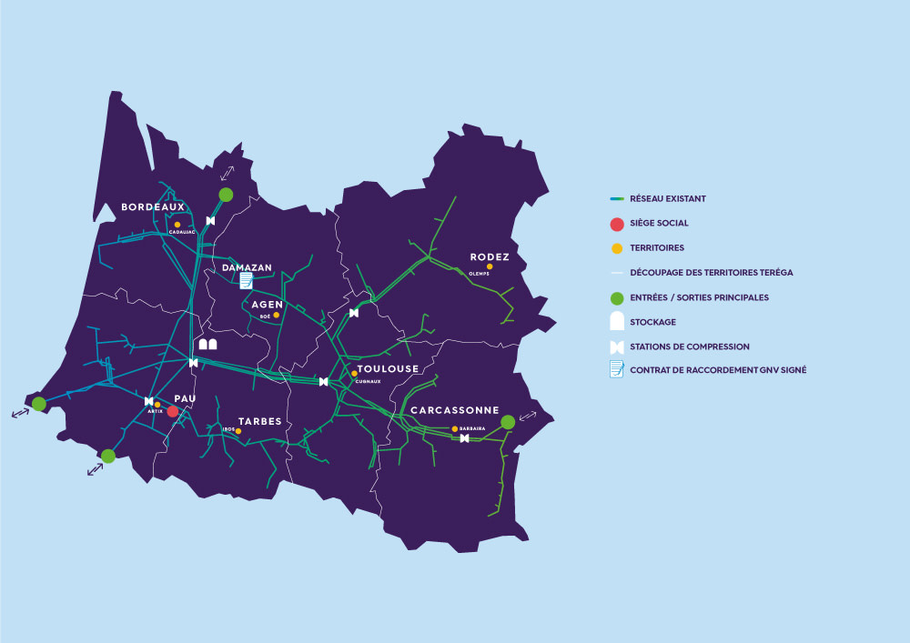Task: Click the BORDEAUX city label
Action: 153,206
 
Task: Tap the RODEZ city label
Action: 489,256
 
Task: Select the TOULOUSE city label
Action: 388,368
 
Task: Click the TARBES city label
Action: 259,421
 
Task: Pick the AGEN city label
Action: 268,304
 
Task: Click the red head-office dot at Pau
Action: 172,411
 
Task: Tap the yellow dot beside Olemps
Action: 490,266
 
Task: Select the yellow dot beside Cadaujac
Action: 177,225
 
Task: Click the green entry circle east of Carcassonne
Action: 508,422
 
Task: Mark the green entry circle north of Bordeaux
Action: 226,194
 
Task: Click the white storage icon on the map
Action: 207,345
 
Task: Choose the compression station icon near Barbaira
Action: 465,438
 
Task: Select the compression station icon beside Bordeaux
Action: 210,221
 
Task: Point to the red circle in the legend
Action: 616,224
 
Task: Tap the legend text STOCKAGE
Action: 652,322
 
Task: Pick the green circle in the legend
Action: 616,298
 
